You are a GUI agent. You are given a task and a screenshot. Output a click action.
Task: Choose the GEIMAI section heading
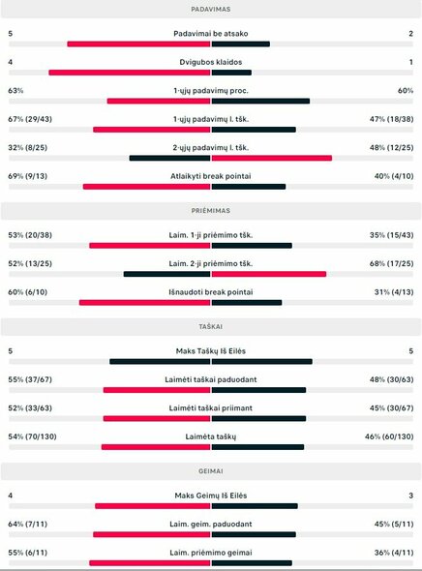click(211, 471)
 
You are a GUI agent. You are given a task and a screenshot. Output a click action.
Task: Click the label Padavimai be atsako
click(211, 33)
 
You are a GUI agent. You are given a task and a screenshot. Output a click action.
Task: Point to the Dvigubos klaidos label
click(211, 62)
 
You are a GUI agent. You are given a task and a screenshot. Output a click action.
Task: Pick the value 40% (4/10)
click(394, 176)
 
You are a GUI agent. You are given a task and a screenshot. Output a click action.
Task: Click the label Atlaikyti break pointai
click(211, 176)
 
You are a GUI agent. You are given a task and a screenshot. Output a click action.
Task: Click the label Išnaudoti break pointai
click(211, 291)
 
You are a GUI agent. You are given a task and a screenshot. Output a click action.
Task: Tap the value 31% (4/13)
click(394, 291)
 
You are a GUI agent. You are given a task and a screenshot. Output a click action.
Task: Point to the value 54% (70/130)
click(31, 436)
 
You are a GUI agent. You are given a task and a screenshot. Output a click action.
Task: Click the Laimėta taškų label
click(211, 436)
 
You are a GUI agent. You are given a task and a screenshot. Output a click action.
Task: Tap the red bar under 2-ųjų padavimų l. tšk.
click(272, 158)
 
